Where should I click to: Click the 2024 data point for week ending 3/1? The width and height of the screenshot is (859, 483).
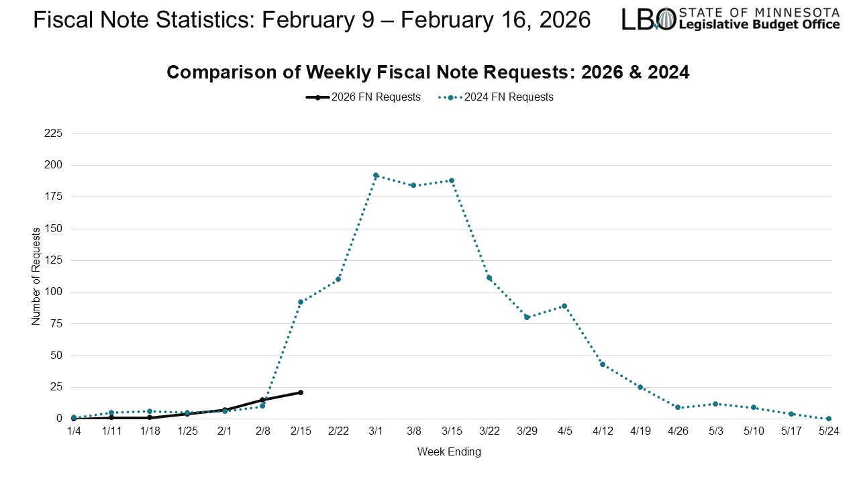pyautogui.click(x=376, y=175)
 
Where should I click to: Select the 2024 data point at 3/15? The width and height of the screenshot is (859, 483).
pyautogui.click(x=452, y=180)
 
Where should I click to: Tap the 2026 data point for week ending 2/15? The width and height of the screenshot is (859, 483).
pyautogui.click(x=300, y=392)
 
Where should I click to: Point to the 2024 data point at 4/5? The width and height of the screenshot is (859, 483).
pyautogui.click(x=564, y=306)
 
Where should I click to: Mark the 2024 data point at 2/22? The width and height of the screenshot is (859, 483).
pyautogui.click(x=338, y=279)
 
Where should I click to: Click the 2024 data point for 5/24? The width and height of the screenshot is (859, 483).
pyautogui.click(x=829, y=419)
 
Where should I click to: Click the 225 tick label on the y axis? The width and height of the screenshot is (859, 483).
pyautogui.click(x=72, y=133)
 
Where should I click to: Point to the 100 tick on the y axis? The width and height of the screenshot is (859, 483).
pyautogui.click(x=72, y=292)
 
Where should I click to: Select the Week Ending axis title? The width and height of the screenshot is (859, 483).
pyautogui.click(x=449, y=452)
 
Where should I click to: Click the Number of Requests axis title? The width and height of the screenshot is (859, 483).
pyautogui.click(x=36, y=276)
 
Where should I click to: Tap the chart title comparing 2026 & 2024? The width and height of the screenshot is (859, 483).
pyautogui.click(x=427, y=72)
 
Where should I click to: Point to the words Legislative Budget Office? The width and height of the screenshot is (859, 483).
pyautogui.click(x=760, y=25)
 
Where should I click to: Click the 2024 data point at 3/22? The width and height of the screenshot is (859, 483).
pyautogui.click(x=489, y=278)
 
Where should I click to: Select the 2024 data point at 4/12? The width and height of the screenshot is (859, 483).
pyautogui.click(x=603, y=364)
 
